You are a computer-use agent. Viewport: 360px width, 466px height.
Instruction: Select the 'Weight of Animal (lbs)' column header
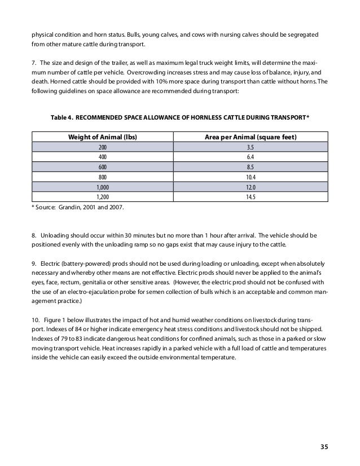coord(103,137)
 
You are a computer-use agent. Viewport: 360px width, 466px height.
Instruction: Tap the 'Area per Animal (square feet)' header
coord(251,137)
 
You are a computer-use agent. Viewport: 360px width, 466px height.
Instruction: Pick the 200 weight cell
coord(102,147)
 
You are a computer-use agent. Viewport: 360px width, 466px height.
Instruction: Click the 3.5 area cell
coord(251,147)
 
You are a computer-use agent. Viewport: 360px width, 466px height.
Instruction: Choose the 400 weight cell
coord(102,157)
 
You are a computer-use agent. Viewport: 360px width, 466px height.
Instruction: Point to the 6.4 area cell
coord(251,157)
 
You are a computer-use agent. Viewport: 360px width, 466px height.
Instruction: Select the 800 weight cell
coord(102,177)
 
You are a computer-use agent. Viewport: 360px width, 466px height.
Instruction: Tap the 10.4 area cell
coord(251,177)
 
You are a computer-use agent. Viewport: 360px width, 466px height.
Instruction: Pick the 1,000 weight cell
coord(102,187)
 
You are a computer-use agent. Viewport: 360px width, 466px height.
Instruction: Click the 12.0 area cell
coord(251,187)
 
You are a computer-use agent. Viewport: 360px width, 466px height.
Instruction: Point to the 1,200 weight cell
coord(102,197)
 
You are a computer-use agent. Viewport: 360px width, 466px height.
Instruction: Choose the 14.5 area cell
coord(251,197)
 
